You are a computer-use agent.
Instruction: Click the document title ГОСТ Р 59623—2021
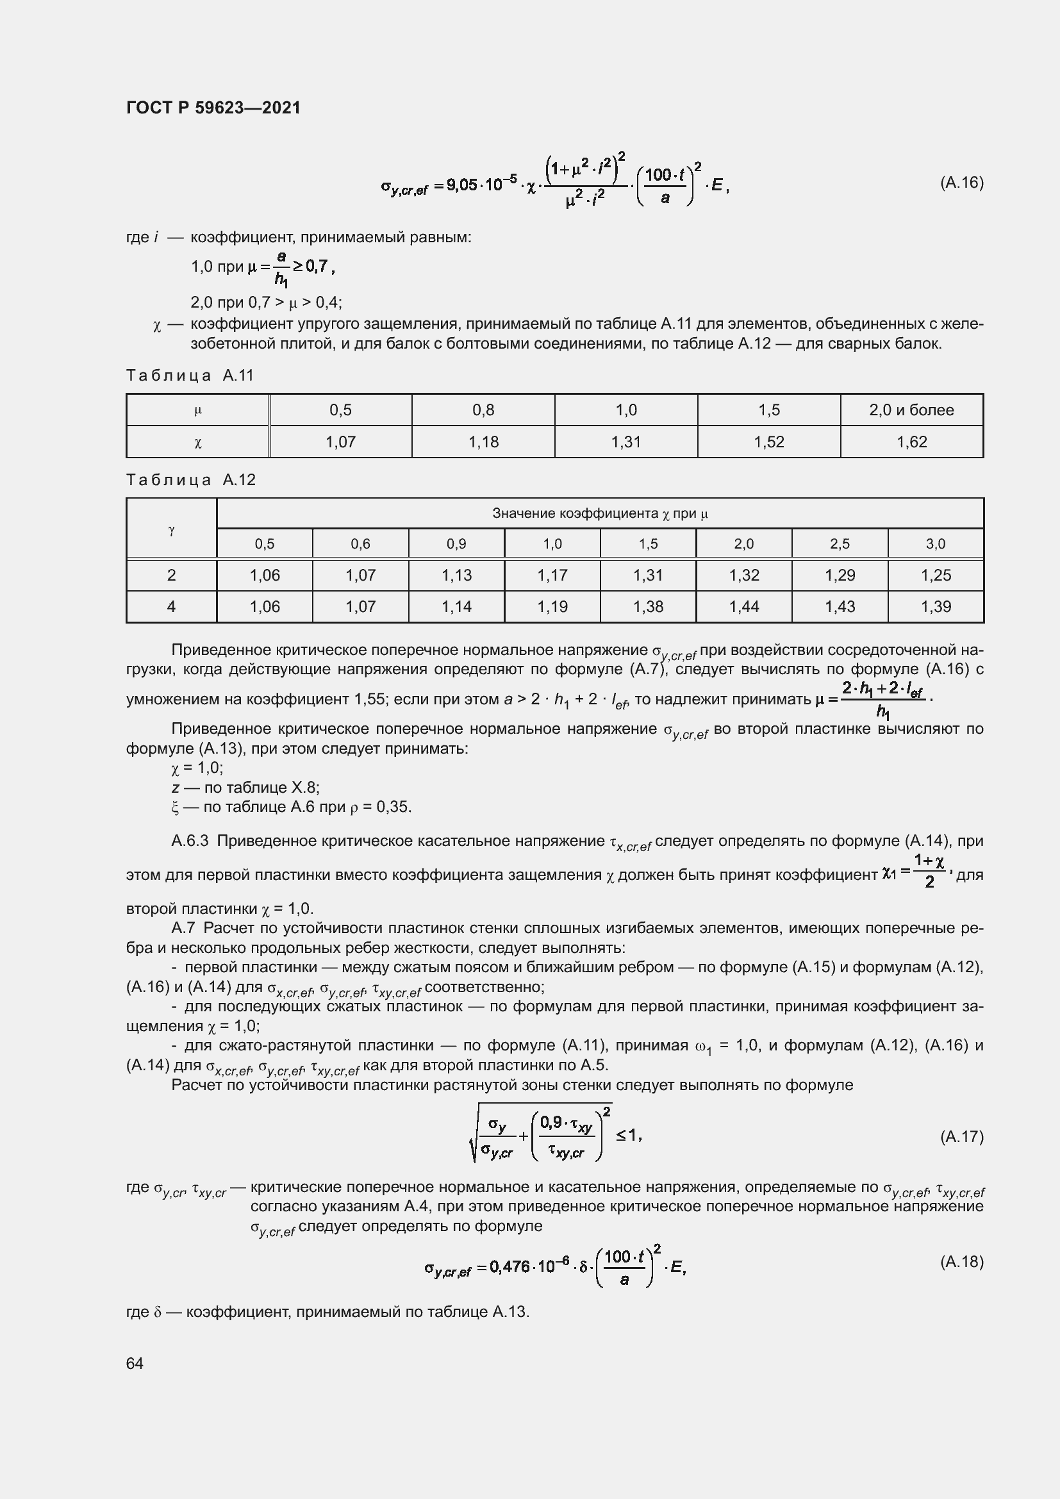(x=213, y=108)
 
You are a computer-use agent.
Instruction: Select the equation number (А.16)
(x=961, y=183)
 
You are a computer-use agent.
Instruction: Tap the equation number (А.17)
(x=961, y=1137)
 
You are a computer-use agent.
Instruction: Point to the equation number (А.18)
(x=961, y=1261)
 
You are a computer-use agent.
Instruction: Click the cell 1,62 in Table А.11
(x=911, y=442)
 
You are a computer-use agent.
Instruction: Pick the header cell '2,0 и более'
(x=911, y=410)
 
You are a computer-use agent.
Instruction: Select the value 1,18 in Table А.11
(x=483, y=442)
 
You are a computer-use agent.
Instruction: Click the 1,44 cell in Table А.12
(x=743, y=606)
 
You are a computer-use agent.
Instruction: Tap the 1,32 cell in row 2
(x=743, y=575)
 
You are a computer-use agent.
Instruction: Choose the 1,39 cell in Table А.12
(x=935, y=606)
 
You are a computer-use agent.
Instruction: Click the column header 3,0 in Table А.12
(x=935, y=544)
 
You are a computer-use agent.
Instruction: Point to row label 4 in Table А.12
(x=171, y=606)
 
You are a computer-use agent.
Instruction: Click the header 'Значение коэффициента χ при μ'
(x=600, y=514)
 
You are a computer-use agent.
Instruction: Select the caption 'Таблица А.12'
(x=190, y=480)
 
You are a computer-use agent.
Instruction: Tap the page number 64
(x=135, y=1363)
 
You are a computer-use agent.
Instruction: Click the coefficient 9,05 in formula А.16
(x=461, y=185)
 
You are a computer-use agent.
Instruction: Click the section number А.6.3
(x=189, y=841)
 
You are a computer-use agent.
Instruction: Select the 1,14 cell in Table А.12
(x=456, y=606)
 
